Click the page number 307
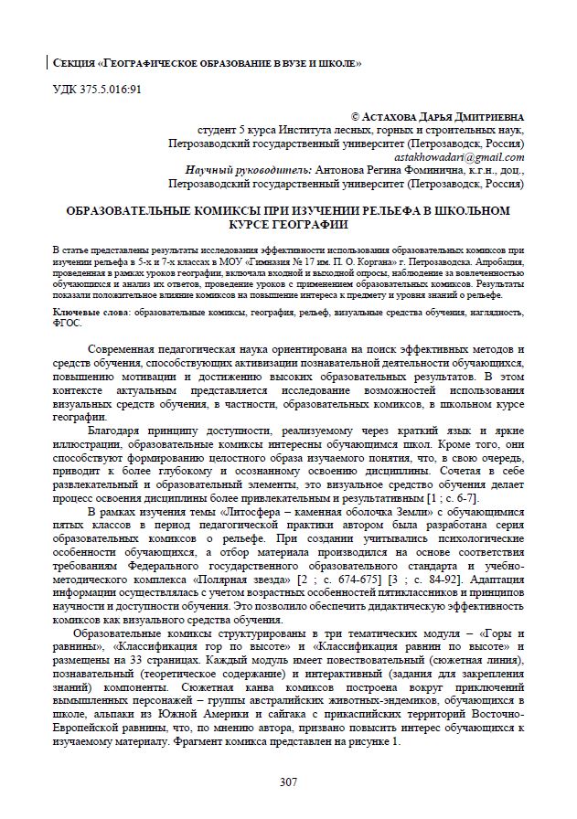[288, 782]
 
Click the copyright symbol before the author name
[356, 118]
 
